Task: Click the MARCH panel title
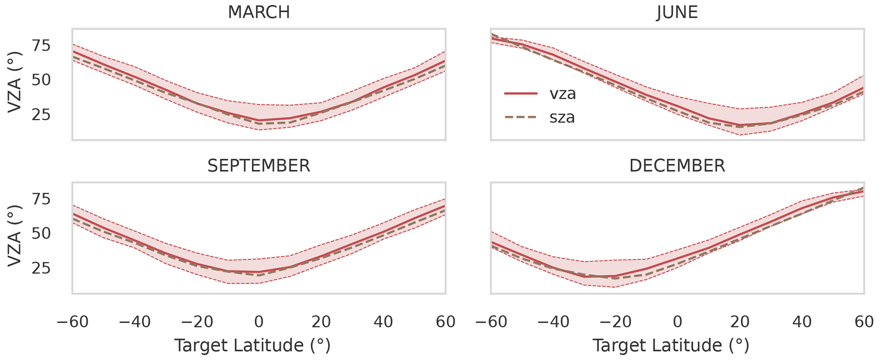click(x=259, y=12)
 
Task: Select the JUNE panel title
click(x=677, y=12)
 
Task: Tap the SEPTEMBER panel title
click(x=259, y=166)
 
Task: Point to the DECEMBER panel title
click(x=677, y=166)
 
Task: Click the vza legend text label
click(x=563, y=94)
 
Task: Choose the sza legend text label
click(x=562, y=117)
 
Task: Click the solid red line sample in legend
click(x=521, y=94)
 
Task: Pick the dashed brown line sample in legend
click(x=521, y=117)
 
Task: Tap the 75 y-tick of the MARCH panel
click(x=42, y=45)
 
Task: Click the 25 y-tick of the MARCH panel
click(x=42, y=115)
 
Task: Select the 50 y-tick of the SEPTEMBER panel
click(x=42, y=233)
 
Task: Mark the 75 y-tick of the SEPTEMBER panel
click(x=42, y=199)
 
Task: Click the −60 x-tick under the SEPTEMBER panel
click(x=72, y=322)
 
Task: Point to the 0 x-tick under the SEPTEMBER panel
click(x=259, y=322)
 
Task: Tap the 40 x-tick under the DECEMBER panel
click(x=802, y=322)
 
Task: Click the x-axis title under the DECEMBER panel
click(x=670, y=346)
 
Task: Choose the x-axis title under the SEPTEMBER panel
click(x=252, y=346)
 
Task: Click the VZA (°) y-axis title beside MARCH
click(x=15, y=82)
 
